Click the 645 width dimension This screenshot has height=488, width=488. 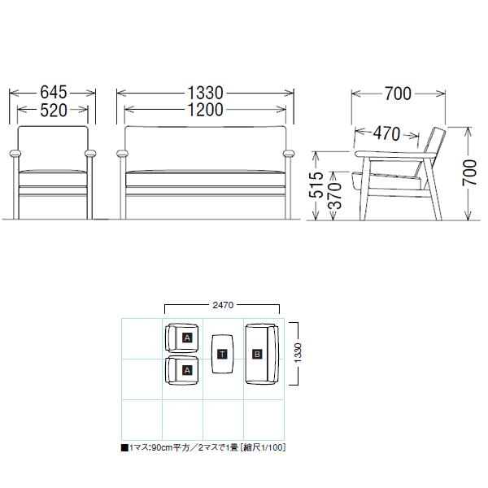coord(52,94)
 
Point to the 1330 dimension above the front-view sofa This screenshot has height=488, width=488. coord(204,94)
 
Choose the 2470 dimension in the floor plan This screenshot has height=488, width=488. coord(222,306)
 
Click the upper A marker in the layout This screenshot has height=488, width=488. coord(187,337)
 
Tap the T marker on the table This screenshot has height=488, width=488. coord(222,354)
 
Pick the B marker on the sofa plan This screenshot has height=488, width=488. coord(257,354)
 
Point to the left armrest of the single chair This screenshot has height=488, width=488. coord(14,153)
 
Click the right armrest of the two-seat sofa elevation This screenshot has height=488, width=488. coord(288,153)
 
